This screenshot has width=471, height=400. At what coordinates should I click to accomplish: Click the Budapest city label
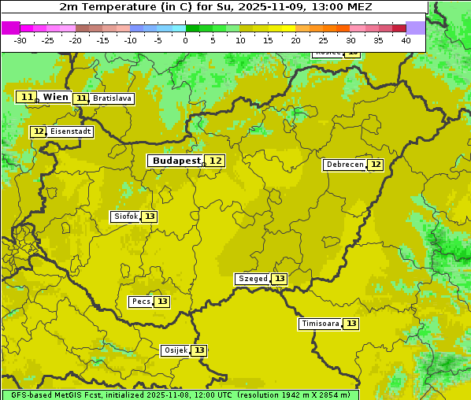coord(176,161)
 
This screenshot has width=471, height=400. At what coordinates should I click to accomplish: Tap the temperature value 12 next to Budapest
coord(215,161)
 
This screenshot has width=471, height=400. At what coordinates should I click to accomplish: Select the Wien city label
coord(55,97)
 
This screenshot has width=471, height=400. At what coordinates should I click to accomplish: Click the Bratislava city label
coord(111,98)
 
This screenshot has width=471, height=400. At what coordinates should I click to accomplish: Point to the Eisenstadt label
coord(70,131)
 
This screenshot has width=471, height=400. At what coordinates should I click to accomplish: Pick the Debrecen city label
coord(344,165)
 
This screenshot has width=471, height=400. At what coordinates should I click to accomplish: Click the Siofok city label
coord(125,217)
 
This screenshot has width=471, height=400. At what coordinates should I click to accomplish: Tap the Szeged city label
coord(253,279)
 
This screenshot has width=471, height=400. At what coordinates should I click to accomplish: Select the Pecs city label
coord(141,302)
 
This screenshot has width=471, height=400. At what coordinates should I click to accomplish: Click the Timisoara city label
coord(321,324)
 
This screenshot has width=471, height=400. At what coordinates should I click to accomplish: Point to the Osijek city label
coord(175,350)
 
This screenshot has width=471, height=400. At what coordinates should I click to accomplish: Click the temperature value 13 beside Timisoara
coord(351,324)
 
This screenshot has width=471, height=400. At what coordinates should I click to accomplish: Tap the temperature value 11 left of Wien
coord(27,97)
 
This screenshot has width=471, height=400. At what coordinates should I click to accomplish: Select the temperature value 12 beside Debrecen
coord(376,165)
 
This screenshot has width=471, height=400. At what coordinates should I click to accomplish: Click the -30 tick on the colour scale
coord(20,40)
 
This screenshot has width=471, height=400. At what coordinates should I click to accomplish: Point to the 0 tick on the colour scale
coord(185,40)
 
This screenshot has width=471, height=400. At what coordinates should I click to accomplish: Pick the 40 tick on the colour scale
coord(406,40)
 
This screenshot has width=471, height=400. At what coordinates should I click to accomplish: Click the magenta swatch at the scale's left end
coord(10,28)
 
